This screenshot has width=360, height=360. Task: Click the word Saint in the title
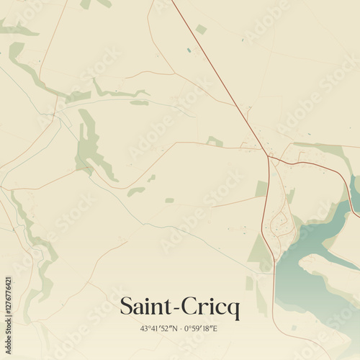[x=145, y=307]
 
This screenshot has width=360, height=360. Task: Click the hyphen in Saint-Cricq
[x=174, y=309]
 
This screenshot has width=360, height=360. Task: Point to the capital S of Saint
[x=126, y=307]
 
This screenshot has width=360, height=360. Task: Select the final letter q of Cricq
[x=234, y=310]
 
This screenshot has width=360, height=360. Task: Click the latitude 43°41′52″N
[x=159, y=328]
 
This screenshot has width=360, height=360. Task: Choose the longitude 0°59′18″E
[x=201, y=328]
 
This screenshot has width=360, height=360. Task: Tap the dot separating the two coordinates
[x=180, y=328]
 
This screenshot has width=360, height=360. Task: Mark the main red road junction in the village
[x=269, y=156]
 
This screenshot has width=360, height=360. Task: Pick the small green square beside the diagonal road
[x=201, y=29]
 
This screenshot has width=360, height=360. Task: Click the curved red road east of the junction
[x=317, y=167]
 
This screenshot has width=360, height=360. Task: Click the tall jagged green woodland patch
[x=90, y=144]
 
